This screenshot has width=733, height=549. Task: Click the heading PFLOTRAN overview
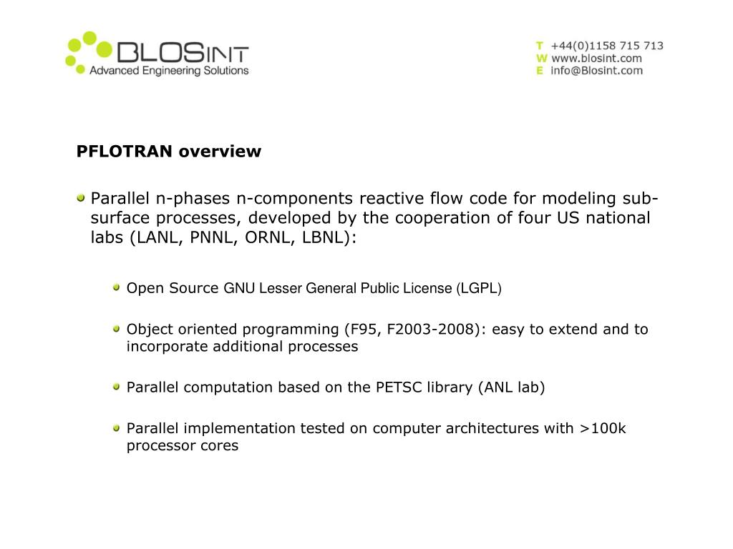pos(169,152)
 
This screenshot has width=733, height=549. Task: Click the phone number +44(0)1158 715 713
pos(607,46)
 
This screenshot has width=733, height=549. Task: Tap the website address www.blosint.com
pos(596,58)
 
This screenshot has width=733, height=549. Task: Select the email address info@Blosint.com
pos(596,71)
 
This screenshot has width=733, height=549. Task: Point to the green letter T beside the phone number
pos(540,46)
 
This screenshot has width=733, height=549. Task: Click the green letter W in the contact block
pos(541,58)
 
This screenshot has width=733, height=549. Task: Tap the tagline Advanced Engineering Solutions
pos(168,71)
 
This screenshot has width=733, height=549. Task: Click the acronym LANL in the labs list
pos(155,237)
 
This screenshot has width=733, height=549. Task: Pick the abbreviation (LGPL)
pos(479,289)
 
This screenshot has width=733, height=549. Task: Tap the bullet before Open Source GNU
pos(117,287)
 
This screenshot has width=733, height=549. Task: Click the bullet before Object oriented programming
pos(117,328)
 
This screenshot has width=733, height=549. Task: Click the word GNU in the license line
pos(239,289)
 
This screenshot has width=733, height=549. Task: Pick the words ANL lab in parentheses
pos(511,387)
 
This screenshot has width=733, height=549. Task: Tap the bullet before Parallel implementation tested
pos(117,427)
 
